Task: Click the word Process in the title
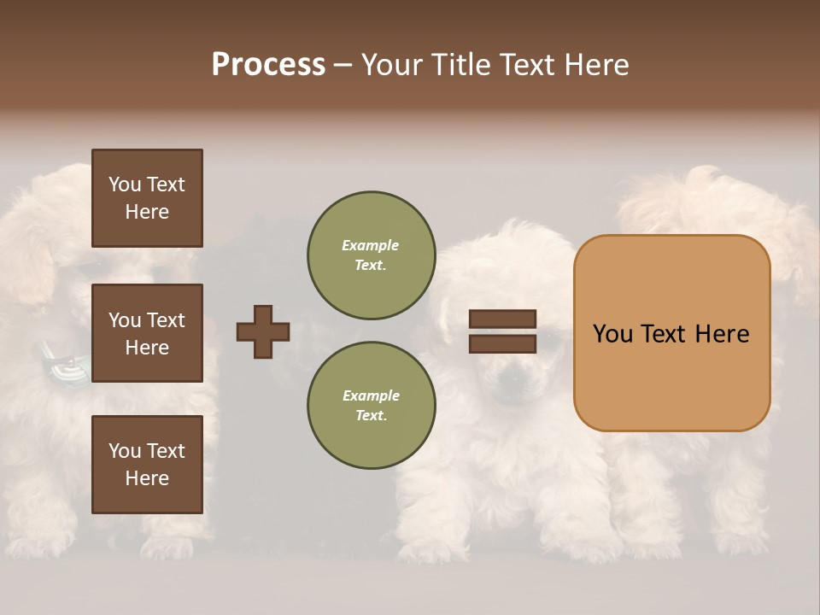(x=268, y=65)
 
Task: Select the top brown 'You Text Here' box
(x=147, y=198)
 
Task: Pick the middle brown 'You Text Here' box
(x=147, y=333)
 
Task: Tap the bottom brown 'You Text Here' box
(x=147, y=465)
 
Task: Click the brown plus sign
(x=263, y=331)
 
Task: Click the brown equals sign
(x=502, y=331)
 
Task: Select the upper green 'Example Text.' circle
(x=371, y=255)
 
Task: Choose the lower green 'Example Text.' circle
(x=371, y=406)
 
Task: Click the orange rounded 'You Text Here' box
(x=671, y=333)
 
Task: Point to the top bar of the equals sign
(x=502, y=319)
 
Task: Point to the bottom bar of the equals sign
(x=502, y=344)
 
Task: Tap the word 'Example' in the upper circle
(x=371, y=246)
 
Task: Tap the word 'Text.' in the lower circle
(x=371, y=416)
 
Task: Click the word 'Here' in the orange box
(x=722, y=334)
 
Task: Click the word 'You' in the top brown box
(x=125, y=184)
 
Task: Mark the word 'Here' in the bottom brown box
(x=147, y=478)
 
